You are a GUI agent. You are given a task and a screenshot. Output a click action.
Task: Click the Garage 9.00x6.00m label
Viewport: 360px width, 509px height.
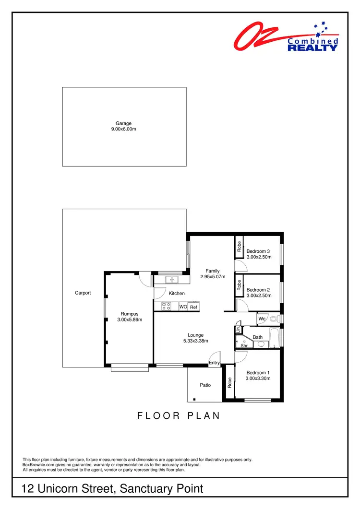[124, 126]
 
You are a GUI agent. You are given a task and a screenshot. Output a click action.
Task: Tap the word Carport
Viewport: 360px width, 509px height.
[83, 293]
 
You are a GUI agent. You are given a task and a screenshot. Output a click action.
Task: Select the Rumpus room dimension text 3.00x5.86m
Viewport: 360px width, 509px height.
[130, 320]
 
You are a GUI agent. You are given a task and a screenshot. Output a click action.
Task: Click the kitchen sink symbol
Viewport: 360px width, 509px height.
[171, 280]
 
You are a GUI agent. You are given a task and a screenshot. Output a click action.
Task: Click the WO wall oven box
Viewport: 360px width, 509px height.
[183, 307]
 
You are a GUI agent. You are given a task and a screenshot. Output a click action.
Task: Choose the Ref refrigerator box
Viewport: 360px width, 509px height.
[193, 307]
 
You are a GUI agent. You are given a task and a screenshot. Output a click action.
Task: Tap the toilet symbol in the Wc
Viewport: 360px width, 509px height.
[274, 319]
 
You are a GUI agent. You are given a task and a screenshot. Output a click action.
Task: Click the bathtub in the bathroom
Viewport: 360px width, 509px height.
[274, 337]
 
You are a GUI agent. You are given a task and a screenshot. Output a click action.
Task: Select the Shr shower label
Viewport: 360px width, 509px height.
[243, 345]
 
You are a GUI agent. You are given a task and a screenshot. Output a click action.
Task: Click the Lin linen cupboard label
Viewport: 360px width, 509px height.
[238, 330]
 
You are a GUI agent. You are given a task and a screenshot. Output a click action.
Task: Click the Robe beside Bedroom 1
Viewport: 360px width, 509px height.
[229, 382]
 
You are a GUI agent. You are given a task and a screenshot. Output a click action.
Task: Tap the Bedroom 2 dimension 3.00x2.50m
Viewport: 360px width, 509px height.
[259, 296]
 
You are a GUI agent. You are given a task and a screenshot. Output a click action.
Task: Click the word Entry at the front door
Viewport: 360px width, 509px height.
[214, 363]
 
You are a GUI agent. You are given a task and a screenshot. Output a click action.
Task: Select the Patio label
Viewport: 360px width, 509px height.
[205, 385]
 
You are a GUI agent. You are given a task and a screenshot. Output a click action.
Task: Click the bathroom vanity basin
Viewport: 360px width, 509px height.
[261, 344]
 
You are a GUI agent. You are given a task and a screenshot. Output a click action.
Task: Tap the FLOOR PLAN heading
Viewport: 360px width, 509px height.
[179, 416]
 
